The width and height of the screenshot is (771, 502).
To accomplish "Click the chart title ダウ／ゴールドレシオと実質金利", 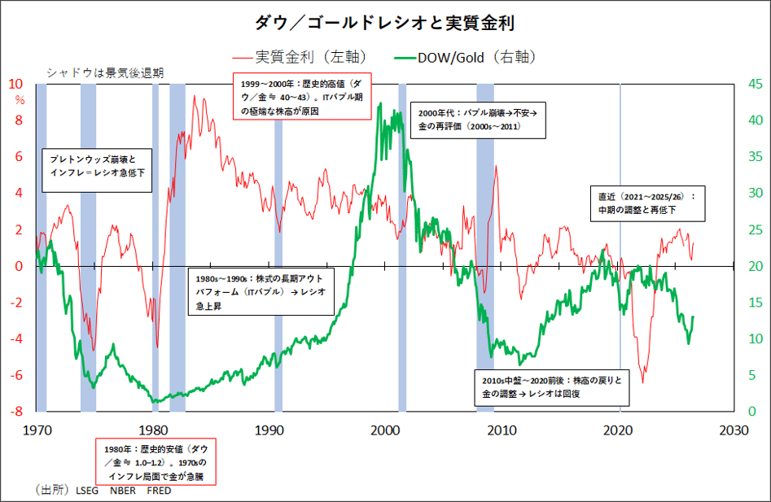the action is [x=384, y=23].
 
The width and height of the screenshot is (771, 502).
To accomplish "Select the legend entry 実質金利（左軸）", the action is [x=300, y=58].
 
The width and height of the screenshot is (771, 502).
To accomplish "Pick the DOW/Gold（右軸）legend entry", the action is [x=465, y=58].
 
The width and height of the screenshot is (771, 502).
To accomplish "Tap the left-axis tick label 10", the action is [x=15, y=84].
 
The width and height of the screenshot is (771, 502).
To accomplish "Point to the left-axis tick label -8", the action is [x=16, y=411].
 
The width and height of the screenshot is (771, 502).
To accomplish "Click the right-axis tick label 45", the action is [x=756, y=84].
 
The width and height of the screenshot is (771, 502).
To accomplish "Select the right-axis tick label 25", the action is [x=756, y=229].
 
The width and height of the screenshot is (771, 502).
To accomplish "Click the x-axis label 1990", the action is [x=269, y=430].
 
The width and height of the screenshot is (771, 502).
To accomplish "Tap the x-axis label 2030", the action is [x=734, y=430].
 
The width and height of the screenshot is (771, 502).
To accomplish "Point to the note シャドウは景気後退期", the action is [x=105, y=73].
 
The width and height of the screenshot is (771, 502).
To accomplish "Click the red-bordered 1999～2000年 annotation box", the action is [x=302, y=96].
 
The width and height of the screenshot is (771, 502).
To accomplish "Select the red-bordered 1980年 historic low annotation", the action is [x=156, y=461].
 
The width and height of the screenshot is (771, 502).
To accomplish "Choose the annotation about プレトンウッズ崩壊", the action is [x=97, y=170].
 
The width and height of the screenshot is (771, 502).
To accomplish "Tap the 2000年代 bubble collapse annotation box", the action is [x=478, y=120].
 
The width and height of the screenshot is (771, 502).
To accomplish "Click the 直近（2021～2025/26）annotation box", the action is [x=647, y=203].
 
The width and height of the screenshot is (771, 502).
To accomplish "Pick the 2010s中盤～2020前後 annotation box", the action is [x=552, y=388].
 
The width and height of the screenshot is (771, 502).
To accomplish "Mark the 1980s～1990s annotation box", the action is [x=261, y=291].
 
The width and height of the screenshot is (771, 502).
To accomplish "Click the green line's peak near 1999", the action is [x=380, y=103].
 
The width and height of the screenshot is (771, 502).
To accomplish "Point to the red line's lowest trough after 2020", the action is [x=642, y=382].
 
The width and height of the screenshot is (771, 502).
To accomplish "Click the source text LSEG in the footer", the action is [x=87, y=491].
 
